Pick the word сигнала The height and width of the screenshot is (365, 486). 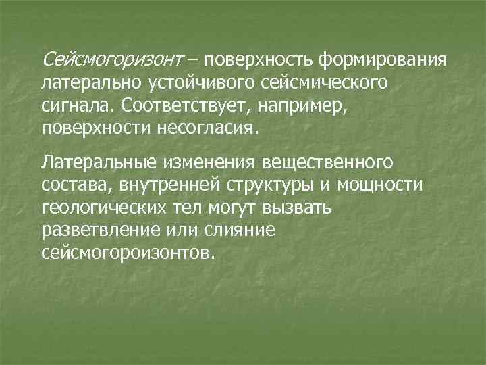75,106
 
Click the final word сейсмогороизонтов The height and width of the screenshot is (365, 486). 129,251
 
